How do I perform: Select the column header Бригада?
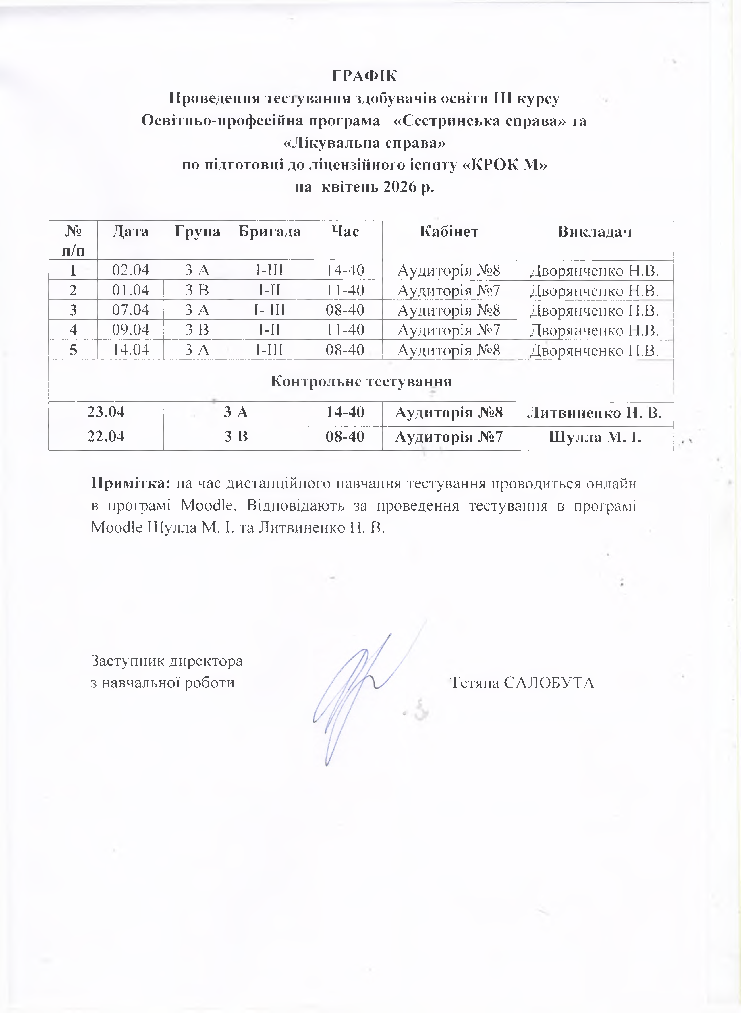(269, 231)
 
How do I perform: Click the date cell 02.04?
(130, 270)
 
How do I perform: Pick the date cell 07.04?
(130, 310)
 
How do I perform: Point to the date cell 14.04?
(130, 349)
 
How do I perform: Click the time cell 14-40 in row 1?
(345, 270)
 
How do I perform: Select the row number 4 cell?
(73, 330)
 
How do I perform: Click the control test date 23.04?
(106, 412)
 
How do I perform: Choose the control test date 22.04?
(106, 436)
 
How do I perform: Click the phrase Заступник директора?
(167, 660)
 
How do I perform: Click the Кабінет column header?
(449, 231)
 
